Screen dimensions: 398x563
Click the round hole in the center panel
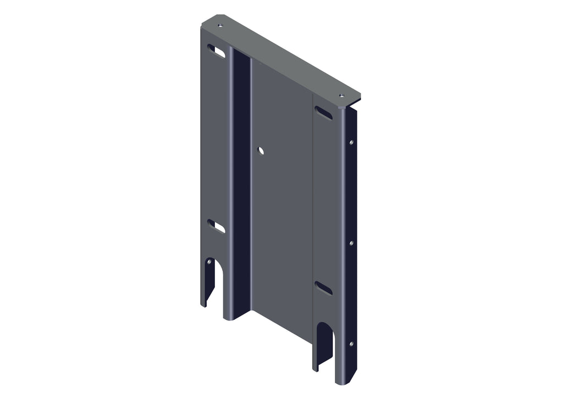(261, 150)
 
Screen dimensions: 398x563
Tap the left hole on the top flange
(220, 25)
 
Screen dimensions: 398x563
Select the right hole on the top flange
(341, 96)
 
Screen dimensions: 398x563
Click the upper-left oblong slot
(216, 51)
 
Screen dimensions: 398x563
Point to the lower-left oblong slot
(216, 226)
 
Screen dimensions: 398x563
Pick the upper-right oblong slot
(323, 113)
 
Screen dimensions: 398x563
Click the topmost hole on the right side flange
(351, 142)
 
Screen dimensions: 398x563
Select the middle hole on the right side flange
(351, 242)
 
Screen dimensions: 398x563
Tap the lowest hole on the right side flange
(351, 344)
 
